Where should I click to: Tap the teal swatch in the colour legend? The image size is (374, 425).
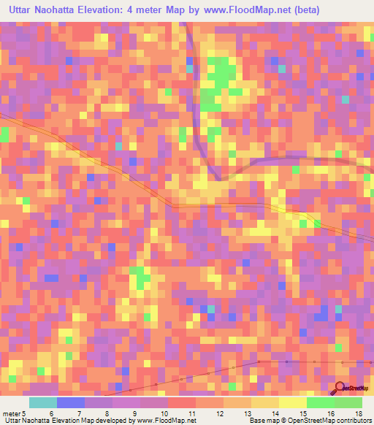[x=43, y=402]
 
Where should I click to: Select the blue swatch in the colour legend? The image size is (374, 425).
[x=70, y=402]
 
